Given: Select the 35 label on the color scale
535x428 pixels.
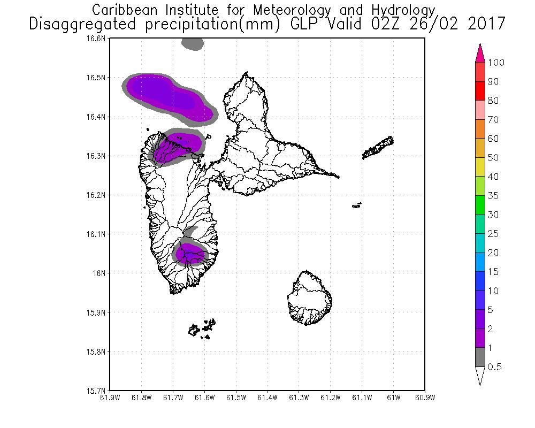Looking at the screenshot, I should click(x=493, y=196).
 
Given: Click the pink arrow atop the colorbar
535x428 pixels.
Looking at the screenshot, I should click(x=480, y=52).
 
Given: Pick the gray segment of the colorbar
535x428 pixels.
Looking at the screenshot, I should click(x=480, y=357).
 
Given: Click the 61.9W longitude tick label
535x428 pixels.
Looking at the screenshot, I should click(x=110, y=398).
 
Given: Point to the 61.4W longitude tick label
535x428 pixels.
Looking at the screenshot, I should click(x=267, y=398).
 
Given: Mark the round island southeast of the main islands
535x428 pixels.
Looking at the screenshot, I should click(x=309, y=298).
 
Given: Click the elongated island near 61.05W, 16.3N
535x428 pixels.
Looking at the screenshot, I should click(x=378, y=148).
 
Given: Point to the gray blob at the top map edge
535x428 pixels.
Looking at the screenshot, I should click(x=193, y=44).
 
